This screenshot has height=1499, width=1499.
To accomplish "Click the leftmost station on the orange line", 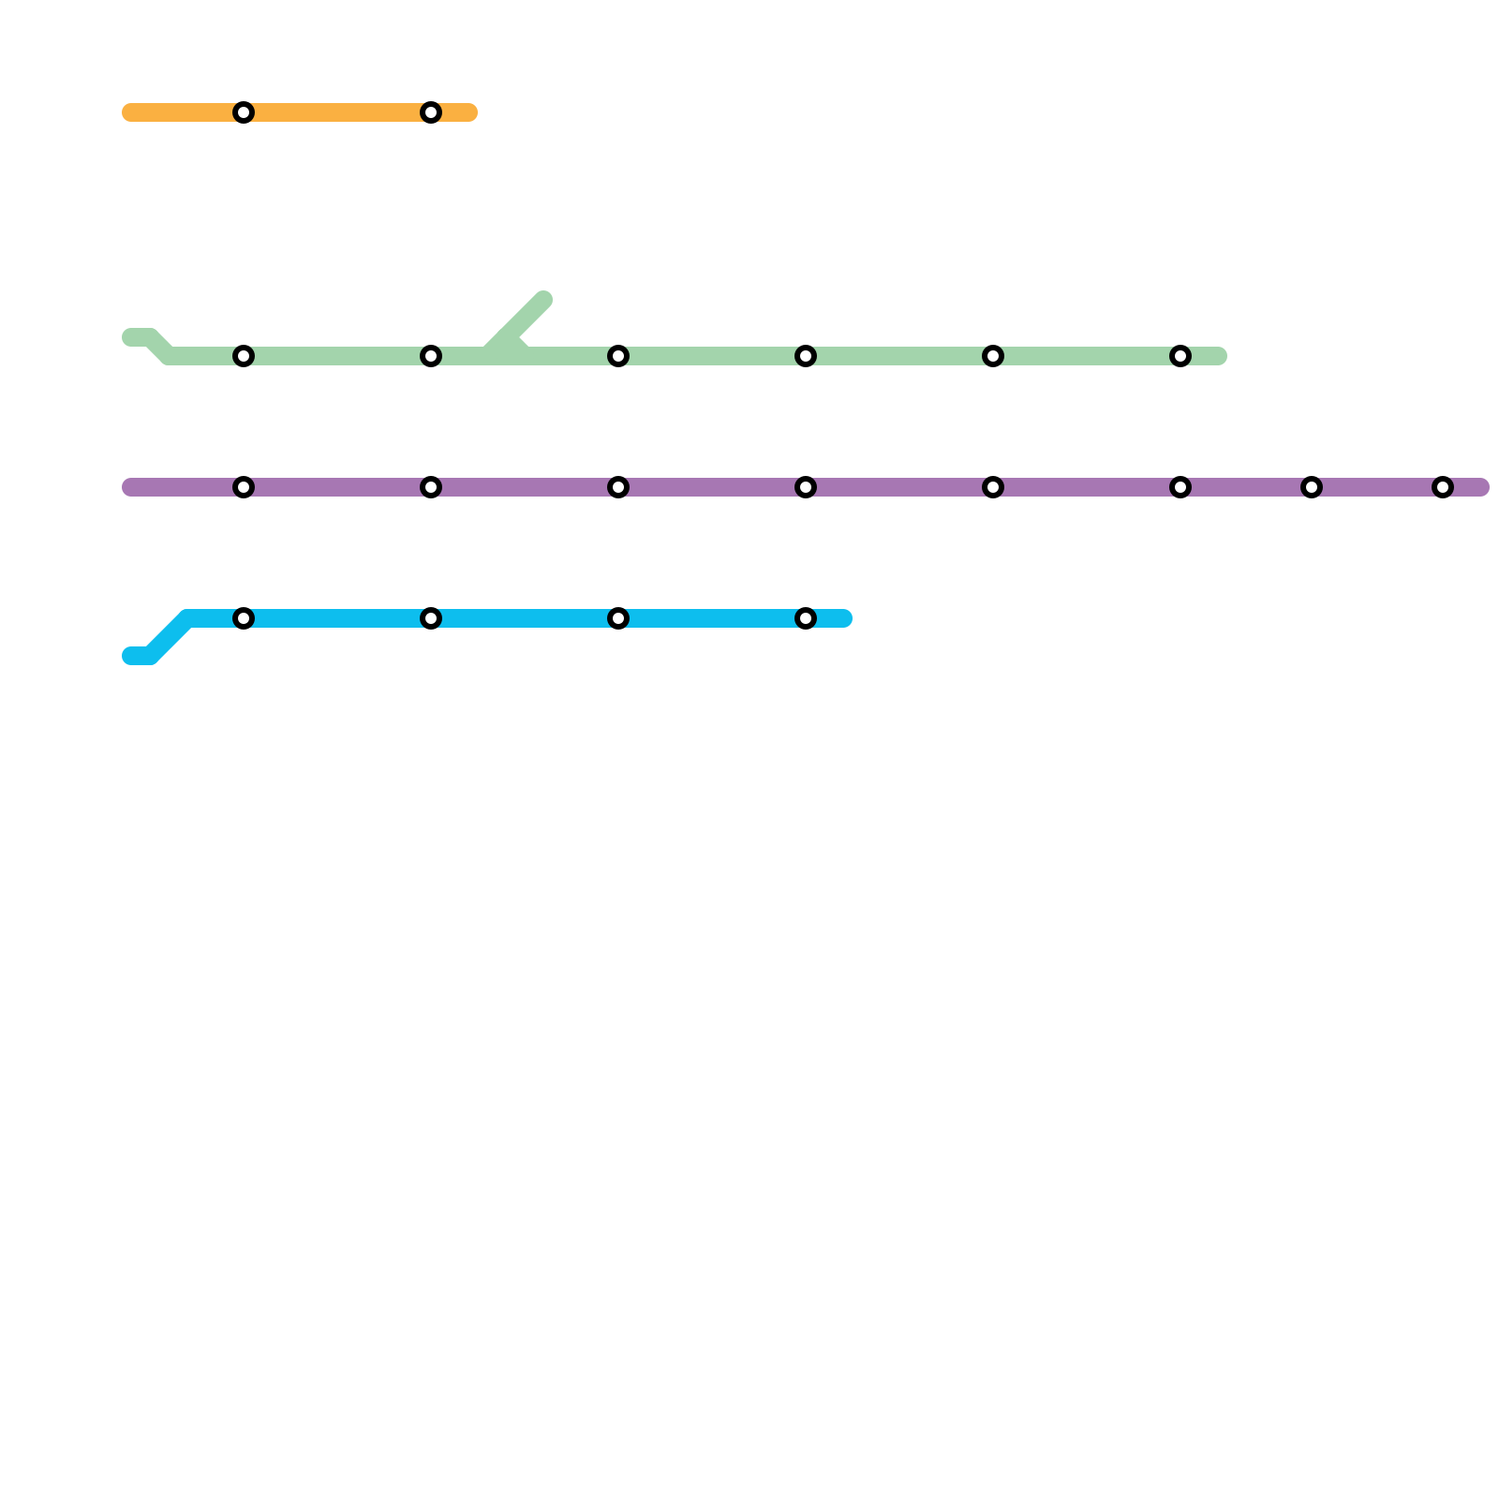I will [x=244, y=112].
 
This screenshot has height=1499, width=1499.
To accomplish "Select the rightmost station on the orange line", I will [x=431, y=112].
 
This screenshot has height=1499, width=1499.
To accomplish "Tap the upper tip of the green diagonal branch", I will [x=544, y=300].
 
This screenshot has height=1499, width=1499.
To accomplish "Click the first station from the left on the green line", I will [x=244, y=356].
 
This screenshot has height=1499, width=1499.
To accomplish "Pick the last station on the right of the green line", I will [x=1180, y=356].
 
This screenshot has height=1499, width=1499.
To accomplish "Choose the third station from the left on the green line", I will [x=618, y=356].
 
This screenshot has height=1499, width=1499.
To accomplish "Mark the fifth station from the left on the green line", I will [x=993, y=356].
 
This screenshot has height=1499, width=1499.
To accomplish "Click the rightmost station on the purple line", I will [x=1443, y=487].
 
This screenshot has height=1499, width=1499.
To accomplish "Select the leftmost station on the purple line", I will [x=244, y=487].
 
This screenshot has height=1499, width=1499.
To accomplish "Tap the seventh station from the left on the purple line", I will [x=1312, y=487].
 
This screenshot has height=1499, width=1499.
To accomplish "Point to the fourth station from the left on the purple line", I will [x=806, y=487].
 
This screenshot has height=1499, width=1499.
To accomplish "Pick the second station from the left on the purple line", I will [x=431, y=487].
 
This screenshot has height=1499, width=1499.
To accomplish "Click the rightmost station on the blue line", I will [x=806, y=618].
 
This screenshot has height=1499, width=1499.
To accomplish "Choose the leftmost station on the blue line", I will [x=244, y=618].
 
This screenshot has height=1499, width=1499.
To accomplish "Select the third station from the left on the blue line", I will [x=618, y=618].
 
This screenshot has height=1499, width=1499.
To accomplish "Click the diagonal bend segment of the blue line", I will [x=170, y=637].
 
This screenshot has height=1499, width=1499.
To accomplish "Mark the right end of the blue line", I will [x=845, y=618].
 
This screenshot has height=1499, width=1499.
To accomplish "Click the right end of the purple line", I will [x=1482, y=487].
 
